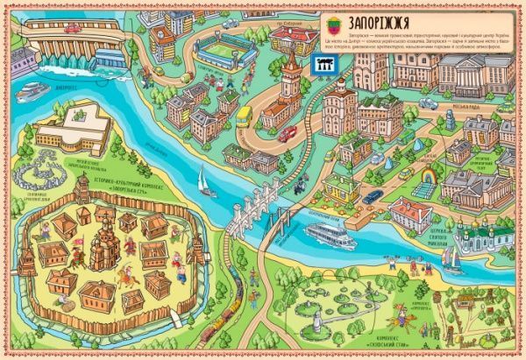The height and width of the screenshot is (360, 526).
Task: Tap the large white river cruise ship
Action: point(333,234)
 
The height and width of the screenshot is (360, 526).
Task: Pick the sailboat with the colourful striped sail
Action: point(448,257)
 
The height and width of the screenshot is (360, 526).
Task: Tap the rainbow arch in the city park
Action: point(429,180)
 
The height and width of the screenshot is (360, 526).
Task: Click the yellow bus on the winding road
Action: point(243,116)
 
